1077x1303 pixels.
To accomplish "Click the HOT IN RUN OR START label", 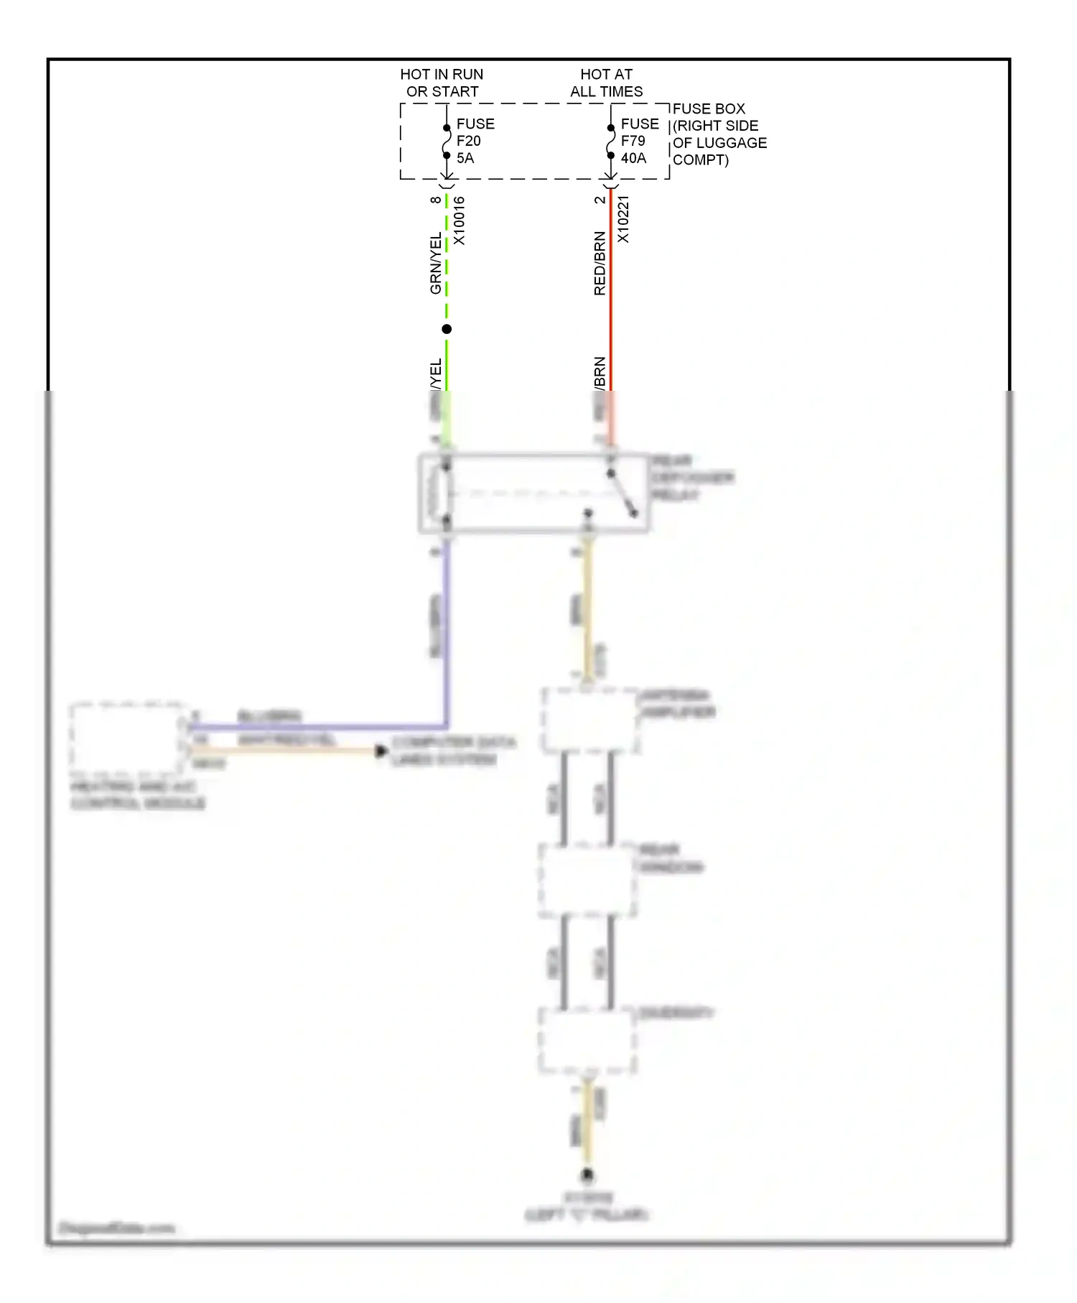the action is pos(442,83).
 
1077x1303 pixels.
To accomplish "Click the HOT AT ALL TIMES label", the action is pos(606,83).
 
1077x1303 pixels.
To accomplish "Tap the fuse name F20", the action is pos(468,141).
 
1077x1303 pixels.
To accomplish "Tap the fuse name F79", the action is pos(633,141).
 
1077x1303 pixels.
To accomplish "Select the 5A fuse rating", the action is pos(465,158).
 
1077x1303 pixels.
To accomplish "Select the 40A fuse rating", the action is pos(633,158).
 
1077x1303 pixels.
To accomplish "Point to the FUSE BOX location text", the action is pos(719,134).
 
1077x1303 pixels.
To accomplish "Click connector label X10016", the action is pos(460,221).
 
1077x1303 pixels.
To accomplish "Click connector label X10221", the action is pos(623,219).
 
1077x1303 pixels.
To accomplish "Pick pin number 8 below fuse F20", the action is pos(436,200).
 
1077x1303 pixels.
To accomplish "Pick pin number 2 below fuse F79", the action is pos(600,200).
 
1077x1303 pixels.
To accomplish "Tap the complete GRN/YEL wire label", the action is pos(436,263).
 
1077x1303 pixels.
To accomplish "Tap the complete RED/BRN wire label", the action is pos(600,264).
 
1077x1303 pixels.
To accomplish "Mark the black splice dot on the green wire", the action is pos(447,329).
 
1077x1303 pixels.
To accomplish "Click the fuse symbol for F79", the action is pos(610,142).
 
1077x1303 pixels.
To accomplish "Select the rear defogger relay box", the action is pos(533,493).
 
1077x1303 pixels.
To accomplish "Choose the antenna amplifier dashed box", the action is pos(590,720).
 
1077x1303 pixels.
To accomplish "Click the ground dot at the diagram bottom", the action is pos(587,1176).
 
